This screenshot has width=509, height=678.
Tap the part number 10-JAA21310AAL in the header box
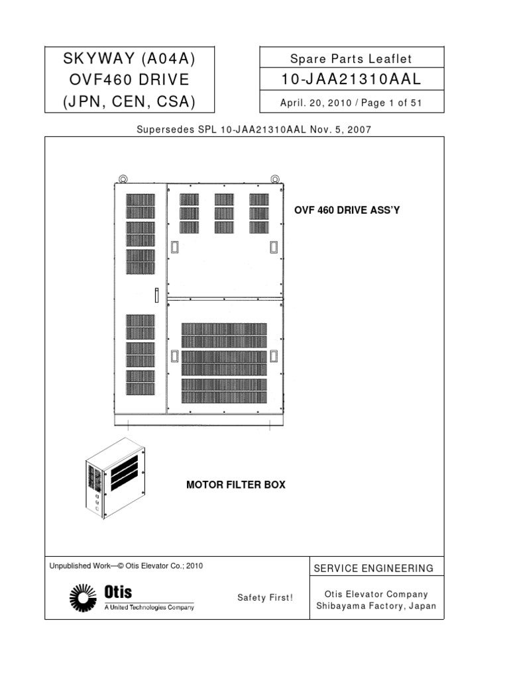point(351,80)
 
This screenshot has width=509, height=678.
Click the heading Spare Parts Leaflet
point(351,59)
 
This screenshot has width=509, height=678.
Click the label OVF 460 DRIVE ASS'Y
point(347,210)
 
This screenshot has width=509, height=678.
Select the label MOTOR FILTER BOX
point(236,485)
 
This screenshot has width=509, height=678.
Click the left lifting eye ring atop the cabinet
point(123,178)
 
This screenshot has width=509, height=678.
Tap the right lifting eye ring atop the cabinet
point(274,178)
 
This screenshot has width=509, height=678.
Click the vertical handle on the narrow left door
point(156,295)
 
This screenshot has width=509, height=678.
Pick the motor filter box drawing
point(114,478)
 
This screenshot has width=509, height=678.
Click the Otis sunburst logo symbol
point(83,597)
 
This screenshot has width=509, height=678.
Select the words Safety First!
point(264,598)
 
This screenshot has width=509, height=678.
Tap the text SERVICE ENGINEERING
point(374,568)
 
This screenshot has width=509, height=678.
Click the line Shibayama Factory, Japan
point(376,606)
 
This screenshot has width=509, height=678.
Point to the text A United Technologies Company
point(149,607)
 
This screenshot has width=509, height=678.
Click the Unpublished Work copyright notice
point(126,566)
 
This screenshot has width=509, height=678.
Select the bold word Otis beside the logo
point(118,593)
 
